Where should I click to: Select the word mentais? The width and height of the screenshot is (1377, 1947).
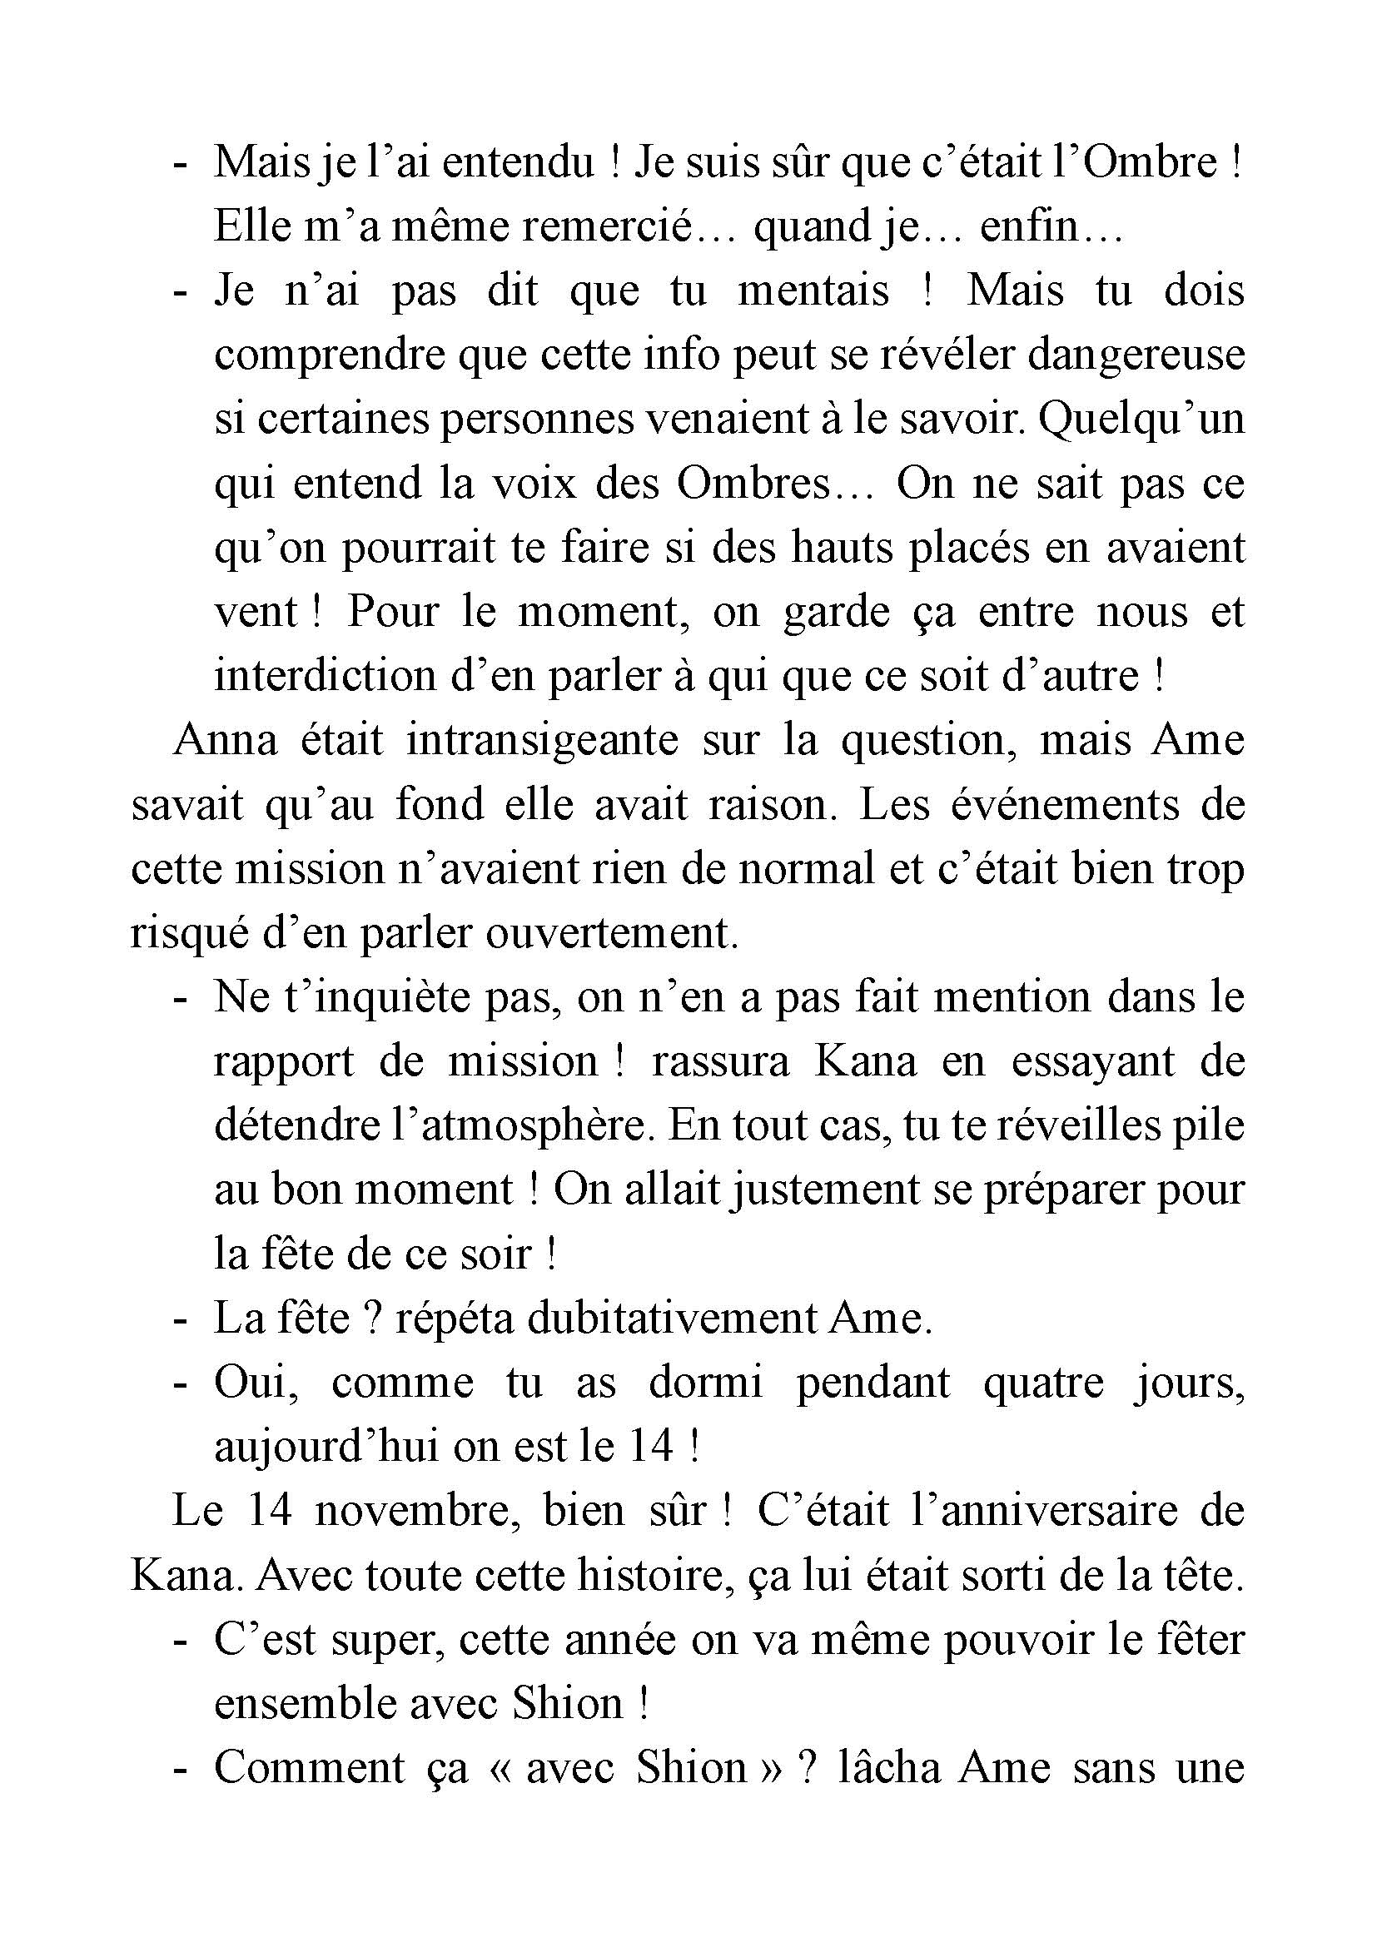point(813,291)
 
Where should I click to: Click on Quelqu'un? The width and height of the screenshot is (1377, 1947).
point(1141,419)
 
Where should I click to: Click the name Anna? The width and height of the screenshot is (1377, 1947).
point(226,739)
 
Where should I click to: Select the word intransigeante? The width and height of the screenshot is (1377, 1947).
point(543,741)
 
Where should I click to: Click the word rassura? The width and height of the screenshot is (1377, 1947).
point(720,1061)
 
